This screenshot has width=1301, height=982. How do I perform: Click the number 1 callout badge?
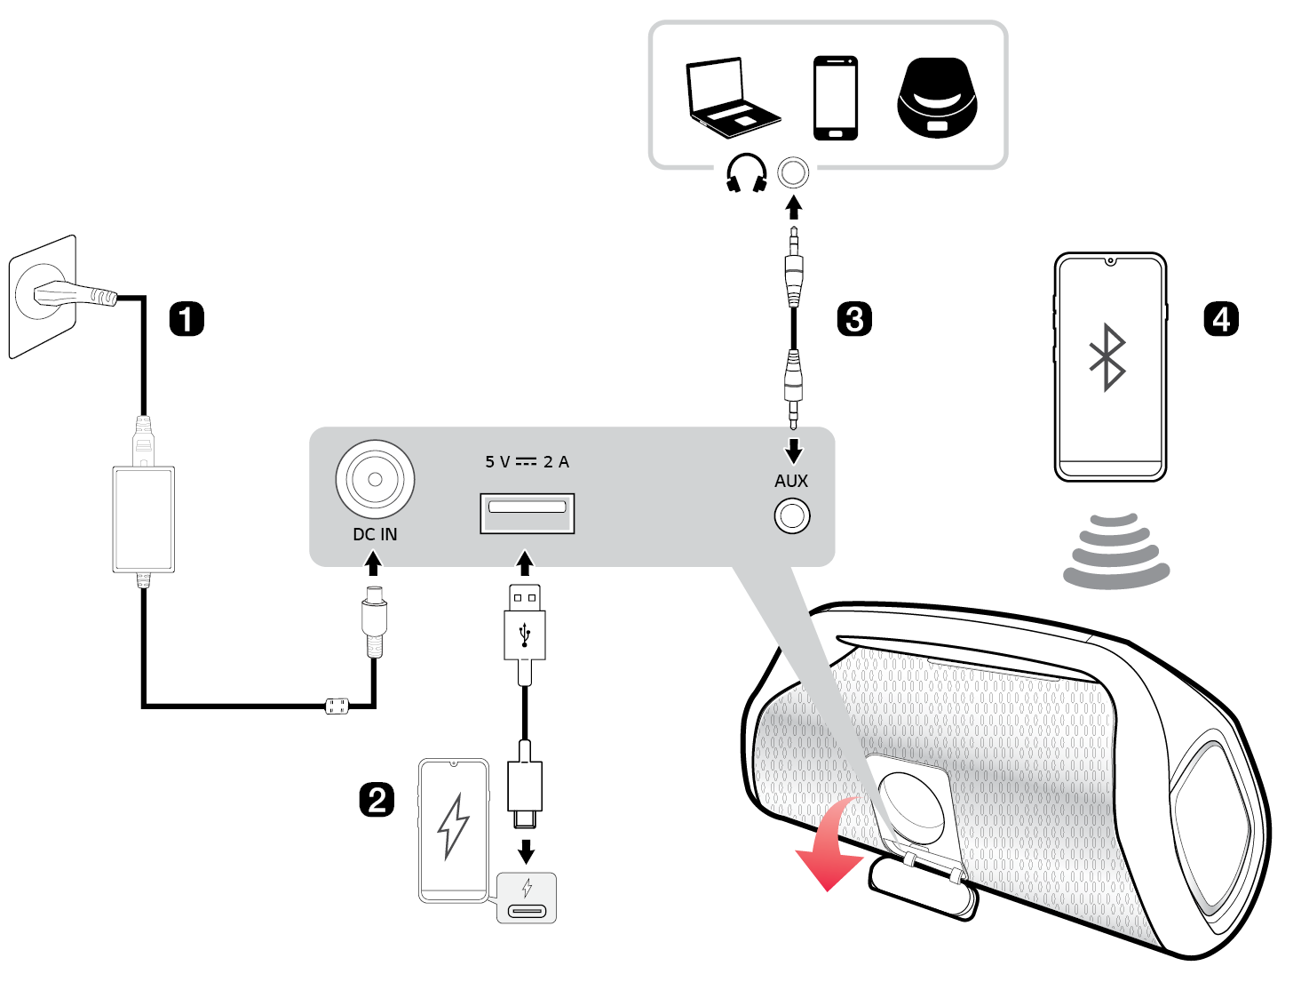click(186, 319)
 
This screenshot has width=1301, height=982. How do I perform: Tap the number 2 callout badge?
click(377, 800)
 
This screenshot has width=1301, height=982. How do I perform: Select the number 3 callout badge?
click(854, 319)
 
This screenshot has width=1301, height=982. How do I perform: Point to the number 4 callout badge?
click(1221, 319)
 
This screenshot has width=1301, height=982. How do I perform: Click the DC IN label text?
click(375, 534)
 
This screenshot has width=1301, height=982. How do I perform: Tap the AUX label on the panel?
click(791, 481)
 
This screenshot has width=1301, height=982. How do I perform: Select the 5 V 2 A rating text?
click(527, 462)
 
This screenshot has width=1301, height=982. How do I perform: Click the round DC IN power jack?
click(375, 479)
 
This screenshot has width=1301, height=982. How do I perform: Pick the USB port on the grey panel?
click(527, 513)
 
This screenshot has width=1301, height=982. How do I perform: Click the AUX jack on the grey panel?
click(792, 516)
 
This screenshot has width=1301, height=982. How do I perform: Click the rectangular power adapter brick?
click(143, 519)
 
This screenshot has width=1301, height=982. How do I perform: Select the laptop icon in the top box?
click(731, 98)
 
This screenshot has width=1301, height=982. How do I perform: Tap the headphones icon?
click(746, 173)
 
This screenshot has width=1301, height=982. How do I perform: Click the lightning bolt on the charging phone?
click(454, 826)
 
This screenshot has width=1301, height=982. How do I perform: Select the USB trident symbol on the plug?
click(525, 633)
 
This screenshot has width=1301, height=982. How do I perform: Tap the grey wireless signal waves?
click(1116, 551)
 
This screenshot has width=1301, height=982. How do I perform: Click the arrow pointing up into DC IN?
click(374, 563)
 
